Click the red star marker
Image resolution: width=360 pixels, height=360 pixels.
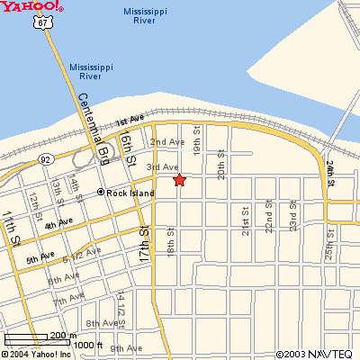(x=179, y=180)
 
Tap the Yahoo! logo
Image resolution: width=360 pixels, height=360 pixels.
(x=32, y=7)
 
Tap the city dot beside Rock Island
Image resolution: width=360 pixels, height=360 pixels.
(x=101, y=193)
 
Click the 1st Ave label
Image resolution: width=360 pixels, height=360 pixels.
(x=130, y=120)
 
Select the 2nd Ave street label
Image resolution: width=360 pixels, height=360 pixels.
(x=167, y=142)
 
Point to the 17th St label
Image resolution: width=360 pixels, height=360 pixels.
(x=145, y=243)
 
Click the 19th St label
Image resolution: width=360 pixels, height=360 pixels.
(x=197, y=140)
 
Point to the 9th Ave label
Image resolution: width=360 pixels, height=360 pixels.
(x=126, y=347)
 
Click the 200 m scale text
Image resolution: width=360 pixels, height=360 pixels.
(x=62, y=336)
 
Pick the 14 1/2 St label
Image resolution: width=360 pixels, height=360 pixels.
(x=121, y=304)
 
